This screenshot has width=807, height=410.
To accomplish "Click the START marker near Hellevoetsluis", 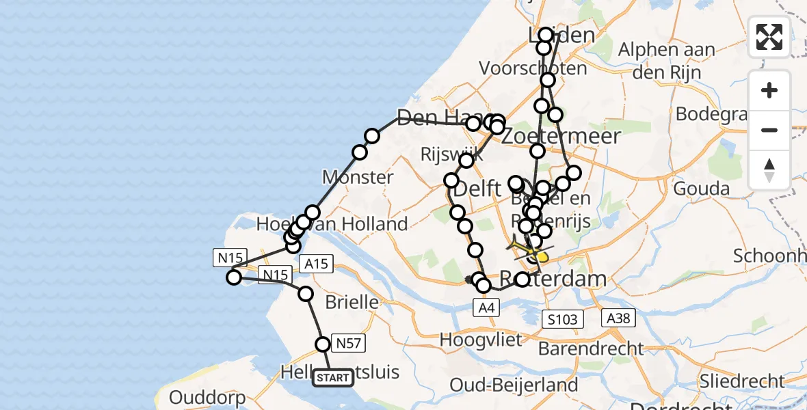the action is (x=333, y=377).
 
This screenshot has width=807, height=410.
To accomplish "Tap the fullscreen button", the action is (x=769, y=37).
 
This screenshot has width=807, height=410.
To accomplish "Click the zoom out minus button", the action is (x=769, y=130).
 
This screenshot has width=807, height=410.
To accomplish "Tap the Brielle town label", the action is (x=352, y=301).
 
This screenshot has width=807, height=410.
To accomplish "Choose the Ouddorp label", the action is (x=202, y=397).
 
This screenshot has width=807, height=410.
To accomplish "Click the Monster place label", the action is (x=358, y=178).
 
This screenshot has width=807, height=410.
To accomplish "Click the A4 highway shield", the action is (x=486, y=308).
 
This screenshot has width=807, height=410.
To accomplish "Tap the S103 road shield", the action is (x=563, y=318).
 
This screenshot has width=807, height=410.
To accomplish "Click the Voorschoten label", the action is (x=533, y=68).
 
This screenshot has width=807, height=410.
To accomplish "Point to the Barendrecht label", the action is (x=591, y=348).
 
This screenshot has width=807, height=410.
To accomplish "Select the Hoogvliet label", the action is (x=481, y=340).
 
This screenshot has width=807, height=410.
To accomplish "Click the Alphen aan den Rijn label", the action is (x=667, y=59).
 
